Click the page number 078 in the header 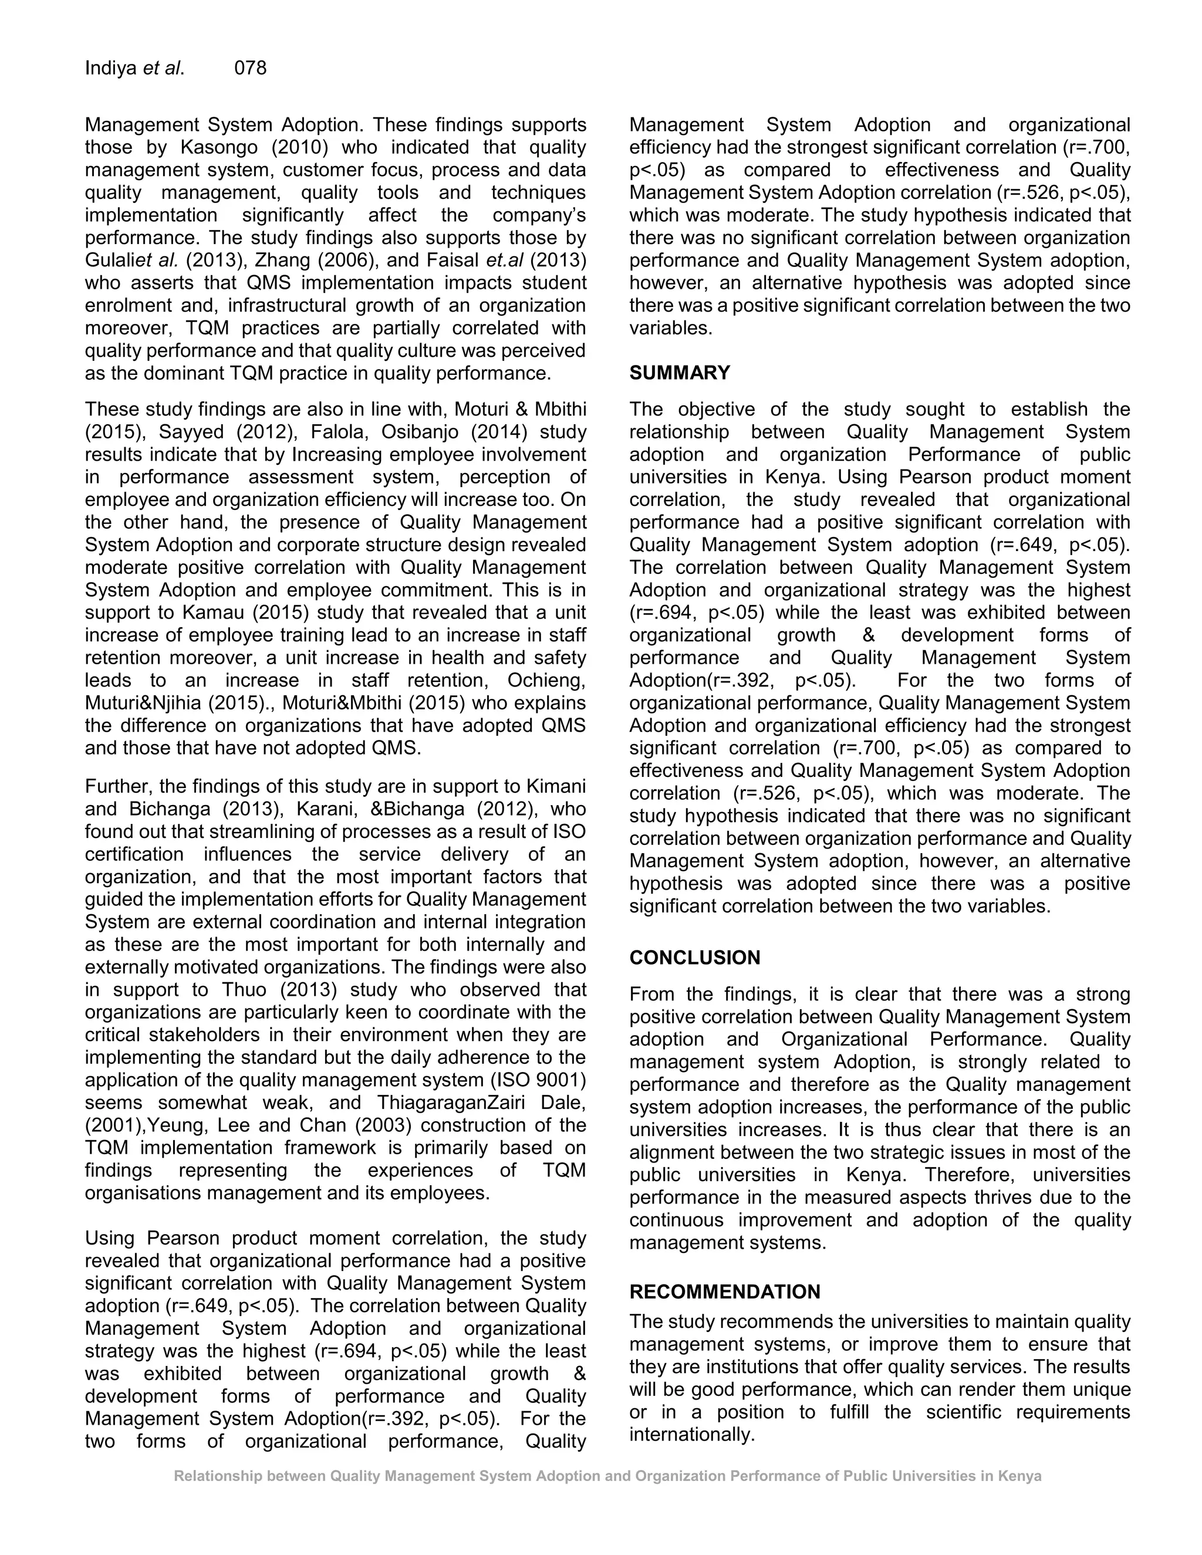250,68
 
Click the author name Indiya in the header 110,68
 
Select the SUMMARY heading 679,373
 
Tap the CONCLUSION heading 694,958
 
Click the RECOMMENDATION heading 724,1292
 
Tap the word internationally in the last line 691,1435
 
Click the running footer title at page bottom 607,1476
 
